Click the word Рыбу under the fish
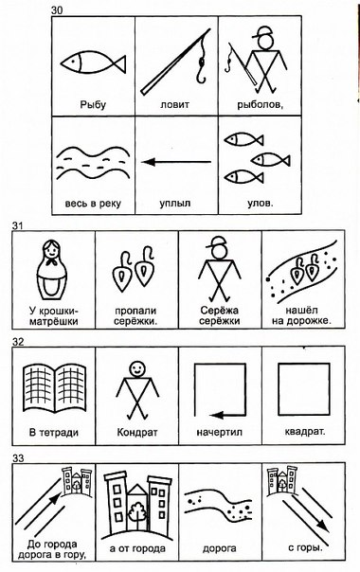(93, 105)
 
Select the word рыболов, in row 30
(261, 105)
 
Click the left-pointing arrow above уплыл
(176, 162)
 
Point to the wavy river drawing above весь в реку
(93, 163)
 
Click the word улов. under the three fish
(261, 203)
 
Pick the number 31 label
(17, 225)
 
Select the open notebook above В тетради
(55, 388)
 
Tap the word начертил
(220, 433)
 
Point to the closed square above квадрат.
(304, 389)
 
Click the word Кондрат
(137, 433)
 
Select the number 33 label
(17, 458)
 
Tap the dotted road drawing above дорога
(218, 505)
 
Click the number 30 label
(57, 10)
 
